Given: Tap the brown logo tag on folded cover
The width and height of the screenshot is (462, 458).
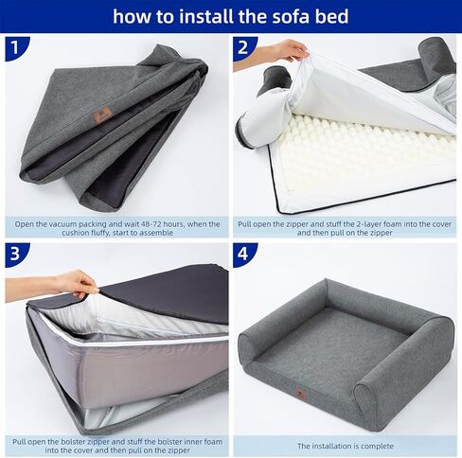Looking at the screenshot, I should point(103,114).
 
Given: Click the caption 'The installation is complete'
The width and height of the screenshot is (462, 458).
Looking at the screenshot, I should point(345,446).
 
